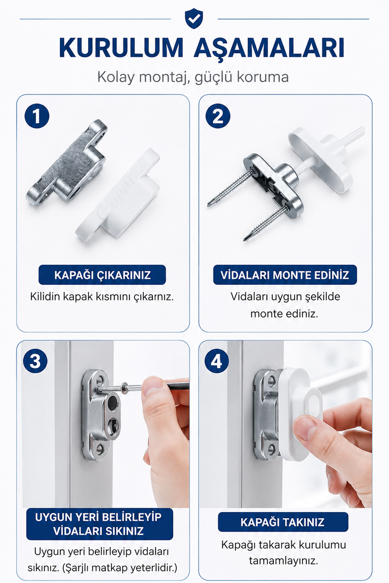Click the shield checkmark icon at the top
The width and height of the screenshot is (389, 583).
click(x=194, y=19)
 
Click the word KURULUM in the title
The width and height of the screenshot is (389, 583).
click(x=121, y=48)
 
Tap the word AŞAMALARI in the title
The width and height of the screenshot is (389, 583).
click(x=269, y=48)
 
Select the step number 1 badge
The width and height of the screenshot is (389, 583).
click(x=37, y=116)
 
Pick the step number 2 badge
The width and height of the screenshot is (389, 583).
click(x=218, y=116)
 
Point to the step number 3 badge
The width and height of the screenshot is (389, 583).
click(x=35, y=361)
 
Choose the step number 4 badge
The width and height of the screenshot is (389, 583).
click(x=217, y=361)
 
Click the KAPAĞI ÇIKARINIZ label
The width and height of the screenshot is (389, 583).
click(x=102, y=275)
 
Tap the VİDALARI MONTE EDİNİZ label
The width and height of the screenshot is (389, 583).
click(x=285, y=275)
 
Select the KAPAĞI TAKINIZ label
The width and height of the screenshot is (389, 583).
click(x=283, y=522)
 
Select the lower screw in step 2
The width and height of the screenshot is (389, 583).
click(x=266, y=223)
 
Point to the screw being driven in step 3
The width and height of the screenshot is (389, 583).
click(x=112, y=387)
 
